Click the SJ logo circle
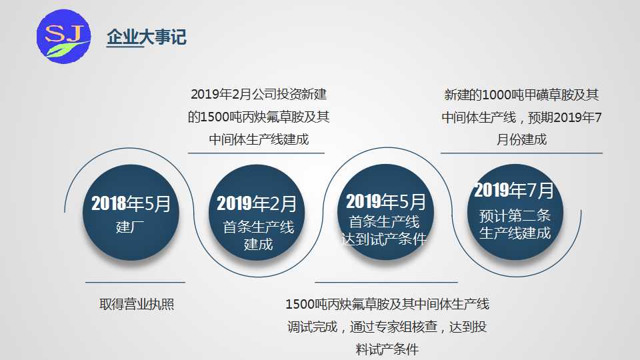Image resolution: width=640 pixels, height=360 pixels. (x=64, y=36)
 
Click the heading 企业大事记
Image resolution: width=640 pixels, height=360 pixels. (x=147, y=37)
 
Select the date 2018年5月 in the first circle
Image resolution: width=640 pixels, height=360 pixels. (x=131, y=203)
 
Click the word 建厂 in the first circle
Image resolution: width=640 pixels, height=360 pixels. (x=130, y=227)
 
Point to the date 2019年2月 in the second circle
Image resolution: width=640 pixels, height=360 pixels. (x=256, y=204)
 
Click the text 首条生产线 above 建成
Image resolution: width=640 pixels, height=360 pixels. (x=259, y=227)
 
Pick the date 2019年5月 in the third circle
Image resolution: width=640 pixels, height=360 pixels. (x=386, y=201)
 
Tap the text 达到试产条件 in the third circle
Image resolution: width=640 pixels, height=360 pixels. (x=384, y=239)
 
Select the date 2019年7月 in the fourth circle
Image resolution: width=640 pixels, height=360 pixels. (x=514, y=190)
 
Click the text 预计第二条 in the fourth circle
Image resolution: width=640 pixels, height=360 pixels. (x=515, y=215)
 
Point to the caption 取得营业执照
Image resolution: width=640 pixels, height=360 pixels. (x=137, y=304)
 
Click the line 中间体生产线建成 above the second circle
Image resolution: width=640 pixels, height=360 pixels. (x=259, y=139)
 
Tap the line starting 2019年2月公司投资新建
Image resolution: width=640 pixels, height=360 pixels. (x=259, y=94)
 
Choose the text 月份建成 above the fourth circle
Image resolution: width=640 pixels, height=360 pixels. (x=521, y=139)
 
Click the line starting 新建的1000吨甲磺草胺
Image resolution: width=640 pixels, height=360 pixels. (x=521, y=95)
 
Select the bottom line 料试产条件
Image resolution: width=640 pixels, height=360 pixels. (x=387, y=349)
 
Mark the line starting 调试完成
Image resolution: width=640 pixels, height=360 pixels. (x=387, y=327)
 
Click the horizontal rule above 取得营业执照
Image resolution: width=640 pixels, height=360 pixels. (x=135, y=282)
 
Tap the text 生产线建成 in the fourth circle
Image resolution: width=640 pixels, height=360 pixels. (x=515, y=233)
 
